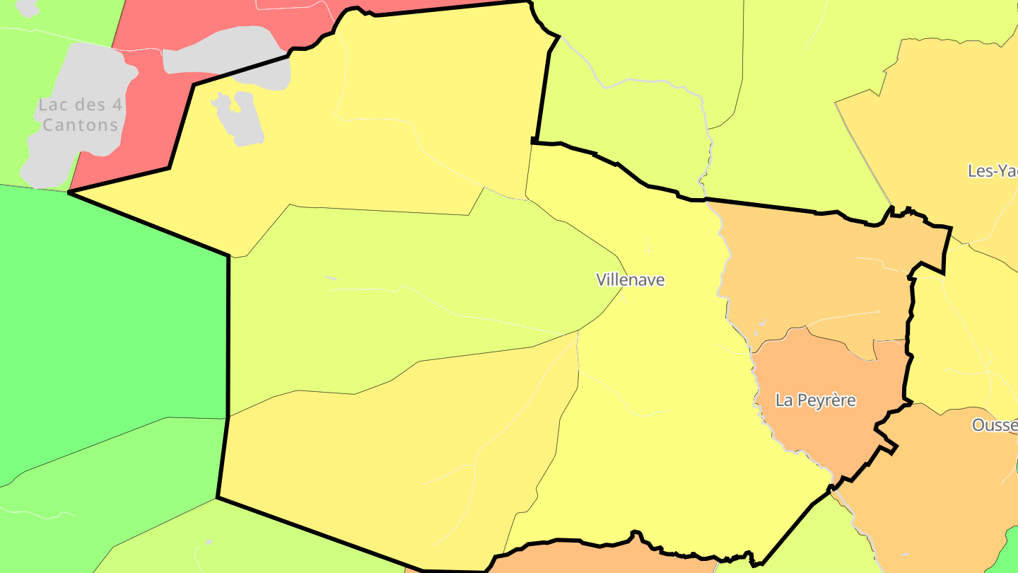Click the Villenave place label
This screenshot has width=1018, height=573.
tap(631, 279)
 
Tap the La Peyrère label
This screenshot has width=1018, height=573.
tap(815, 400)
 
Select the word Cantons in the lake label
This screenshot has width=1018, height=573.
tap(80, 125)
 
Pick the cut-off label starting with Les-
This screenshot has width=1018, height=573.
tap(993, 170)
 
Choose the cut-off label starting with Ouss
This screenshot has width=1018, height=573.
tap(995, 425)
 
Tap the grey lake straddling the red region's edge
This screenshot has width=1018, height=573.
tap(226, 57)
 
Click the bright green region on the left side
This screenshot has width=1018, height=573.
tap(106, 318)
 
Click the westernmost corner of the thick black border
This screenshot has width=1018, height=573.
tap(69, 192)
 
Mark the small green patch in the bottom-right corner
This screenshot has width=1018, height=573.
tap(1007, 555)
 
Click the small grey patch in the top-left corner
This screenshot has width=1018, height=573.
tap(27, 6)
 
